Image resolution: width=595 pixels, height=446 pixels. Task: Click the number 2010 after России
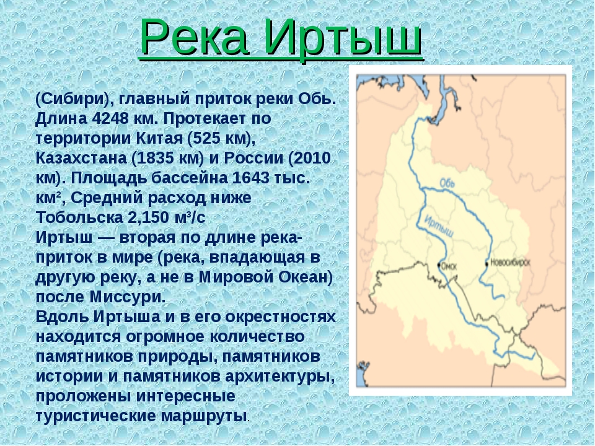pos(312,158)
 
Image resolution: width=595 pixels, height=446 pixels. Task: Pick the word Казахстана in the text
pos(81,158)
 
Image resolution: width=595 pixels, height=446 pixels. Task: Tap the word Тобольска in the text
pos(79,217)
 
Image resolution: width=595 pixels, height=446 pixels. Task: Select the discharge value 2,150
pos(149,217)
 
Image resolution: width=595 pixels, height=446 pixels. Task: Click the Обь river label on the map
pos(447,183)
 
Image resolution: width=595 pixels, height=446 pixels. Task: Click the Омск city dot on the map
pos(439,265)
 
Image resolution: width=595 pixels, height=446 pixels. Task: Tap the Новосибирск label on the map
pos(510,263)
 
